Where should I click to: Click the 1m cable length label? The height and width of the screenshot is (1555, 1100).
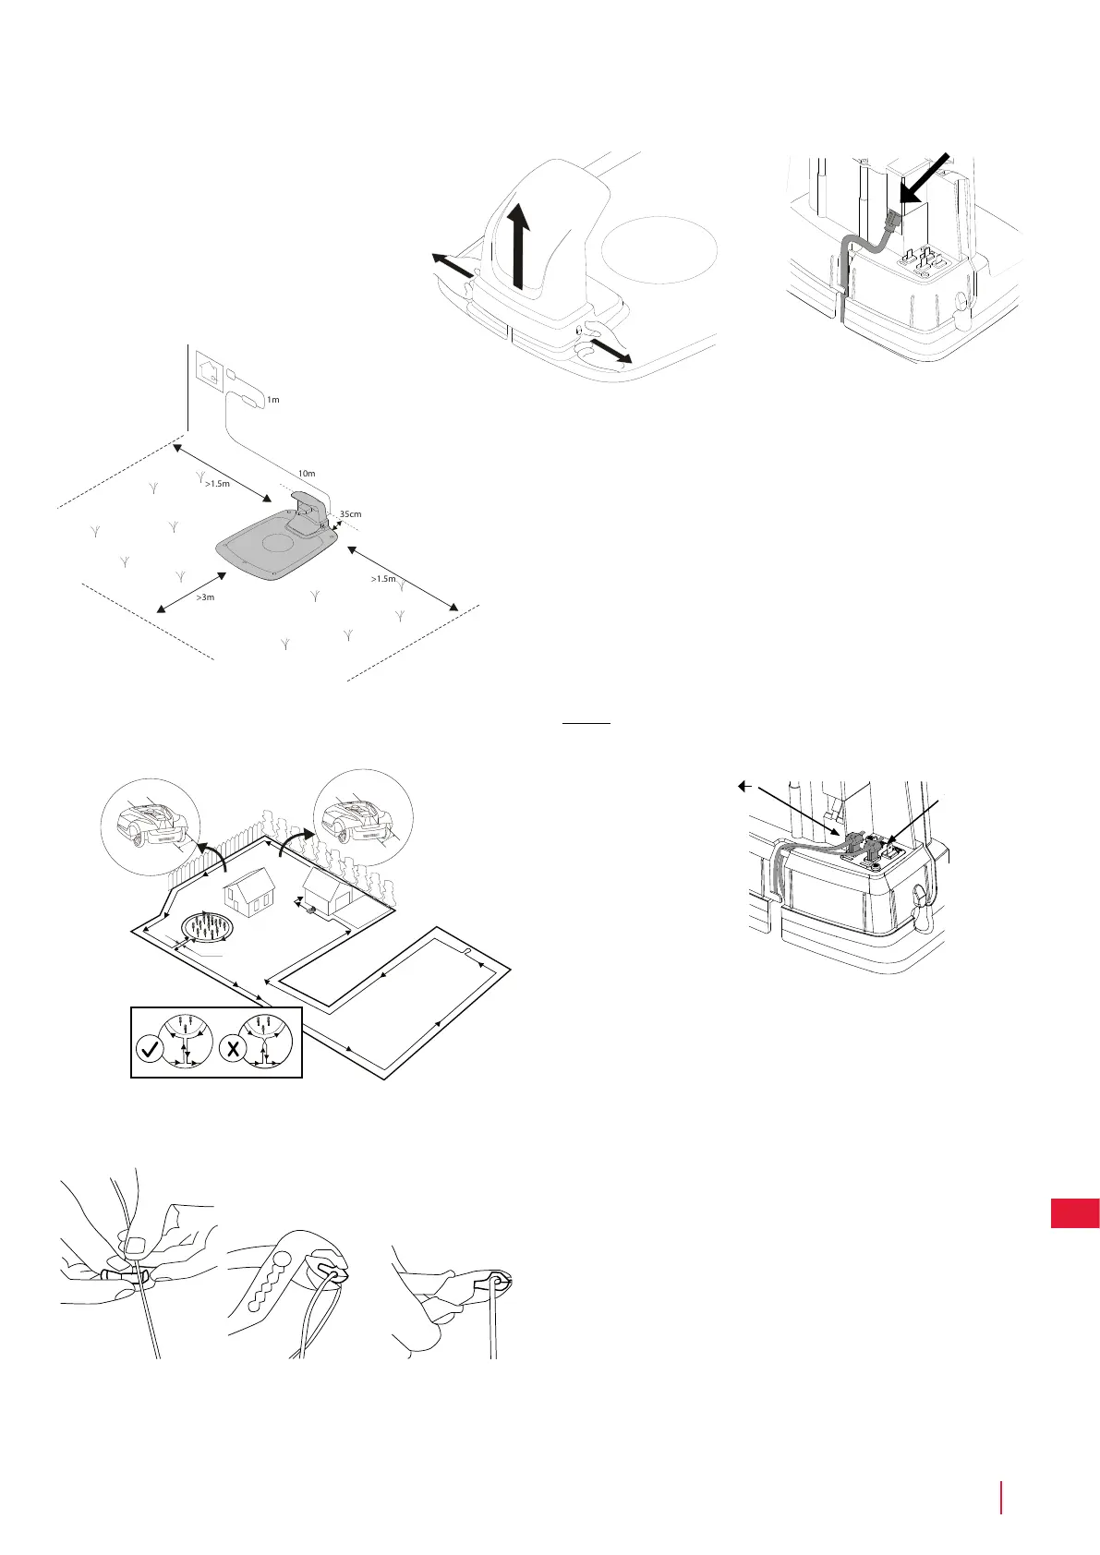pyautogui.click(x=272, y=400)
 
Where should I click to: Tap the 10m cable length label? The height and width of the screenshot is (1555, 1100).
pyautogui.click(x=306, y=474)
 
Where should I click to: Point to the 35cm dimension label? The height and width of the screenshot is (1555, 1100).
pyautogui.click(x=350, y=513)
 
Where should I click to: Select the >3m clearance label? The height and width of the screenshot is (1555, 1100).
pyautogui.click(x=205, y=597)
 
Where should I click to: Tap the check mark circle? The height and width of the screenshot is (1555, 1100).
pyautogui.click(x=148, y=1050)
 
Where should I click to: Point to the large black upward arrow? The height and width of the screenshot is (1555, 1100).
pyautogui.click(x=521, y=245)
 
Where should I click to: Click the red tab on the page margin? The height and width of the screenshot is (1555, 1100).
pyautogui.click(x=1075, y=1212)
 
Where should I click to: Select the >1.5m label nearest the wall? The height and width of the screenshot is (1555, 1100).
pyautogui.click(x=217, y=483)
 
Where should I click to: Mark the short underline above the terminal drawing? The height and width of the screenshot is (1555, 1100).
pyautogui.click(x=586, y=724)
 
